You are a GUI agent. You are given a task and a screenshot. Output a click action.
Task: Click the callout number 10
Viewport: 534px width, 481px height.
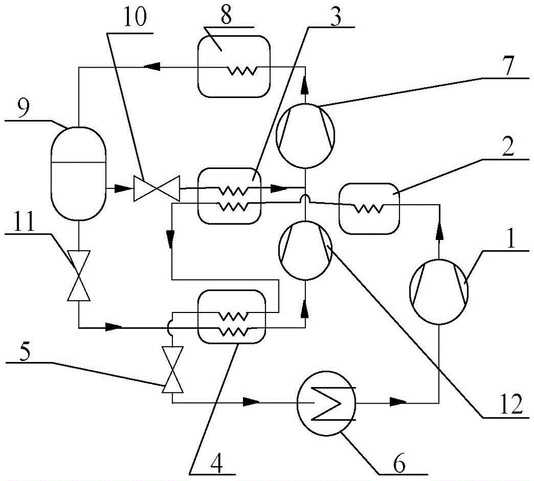coord(135,17)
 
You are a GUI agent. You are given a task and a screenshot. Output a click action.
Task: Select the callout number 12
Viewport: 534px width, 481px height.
coord(511,404)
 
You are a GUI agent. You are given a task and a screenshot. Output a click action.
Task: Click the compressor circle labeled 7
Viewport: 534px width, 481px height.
coord(305,135)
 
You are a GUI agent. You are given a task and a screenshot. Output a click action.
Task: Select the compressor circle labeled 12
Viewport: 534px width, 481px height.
coord(305,250)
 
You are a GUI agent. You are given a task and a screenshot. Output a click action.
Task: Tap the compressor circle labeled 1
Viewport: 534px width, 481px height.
coord(438,291)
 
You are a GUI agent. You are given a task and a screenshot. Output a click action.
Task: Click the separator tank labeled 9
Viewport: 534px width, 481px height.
coord(78,173)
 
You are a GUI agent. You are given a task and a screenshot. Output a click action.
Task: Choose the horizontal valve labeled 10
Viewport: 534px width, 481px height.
coord(156,188)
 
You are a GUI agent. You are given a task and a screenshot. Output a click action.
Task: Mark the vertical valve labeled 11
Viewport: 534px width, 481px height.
coord(78,276)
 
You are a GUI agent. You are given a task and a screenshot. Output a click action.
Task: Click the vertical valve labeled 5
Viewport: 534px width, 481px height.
coord(172,370)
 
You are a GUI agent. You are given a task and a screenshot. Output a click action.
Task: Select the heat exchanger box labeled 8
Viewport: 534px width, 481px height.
coord(234,66)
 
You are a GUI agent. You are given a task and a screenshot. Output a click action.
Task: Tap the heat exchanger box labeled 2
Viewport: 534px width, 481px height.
coord(369,209)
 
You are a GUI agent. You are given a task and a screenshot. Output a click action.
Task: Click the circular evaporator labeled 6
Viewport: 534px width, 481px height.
coord(326,403)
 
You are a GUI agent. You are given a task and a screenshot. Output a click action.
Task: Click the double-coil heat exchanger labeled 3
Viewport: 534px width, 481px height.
coord(229,196)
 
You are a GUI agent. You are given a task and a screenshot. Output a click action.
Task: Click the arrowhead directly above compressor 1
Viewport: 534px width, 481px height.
coord(439,235)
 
